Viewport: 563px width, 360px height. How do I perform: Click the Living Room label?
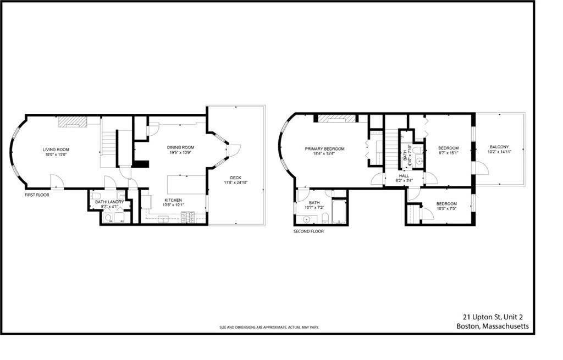[56, 149]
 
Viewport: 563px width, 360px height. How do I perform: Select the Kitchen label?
[173, 200]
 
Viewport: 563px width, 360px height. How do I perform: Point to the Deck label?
[236, 178]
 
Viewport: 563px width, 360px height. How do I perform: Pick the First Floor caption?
[37, 195]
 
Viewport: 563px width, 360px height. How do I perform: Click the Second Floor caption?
[308, 231]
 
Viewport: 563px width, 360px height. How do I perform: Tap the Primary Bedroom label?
[325, 149]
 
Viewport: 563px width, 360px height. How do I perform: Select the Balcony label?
[499, 147]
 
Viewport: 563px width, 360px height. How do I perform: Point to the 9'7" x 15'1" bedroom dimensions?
[448, 153]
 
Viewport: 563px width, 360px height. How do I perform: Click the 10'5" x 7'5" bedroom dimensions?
[446, 209]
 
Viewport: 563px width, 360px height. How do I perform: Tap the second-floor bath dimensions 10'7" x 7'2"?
[314, 208]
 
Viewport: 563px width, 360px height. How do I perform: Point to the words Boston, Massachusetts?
[493, 326]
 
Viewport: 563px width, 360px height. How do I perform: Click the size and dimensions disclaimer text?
[269, 327]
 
